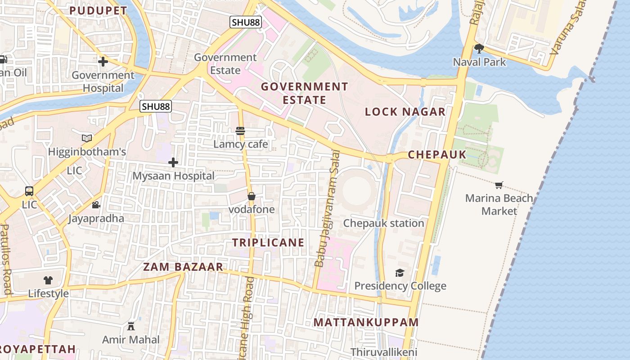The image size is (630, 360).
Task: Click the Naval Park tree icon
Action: (479, 48)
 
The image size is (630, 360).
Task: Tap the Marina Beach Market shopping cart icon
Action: (499, 185)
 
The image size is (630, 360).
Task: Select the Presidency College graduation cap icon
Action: (400, 273)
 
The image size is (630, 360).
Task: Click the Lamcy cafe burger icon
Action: (240, 131)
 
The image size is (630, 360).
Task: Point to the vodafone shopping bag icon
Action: (252, 196)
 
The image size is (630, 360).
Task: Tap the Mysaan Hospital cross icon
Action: (173, 162)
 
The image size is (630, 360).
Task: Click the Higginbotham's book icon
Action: (87, 138)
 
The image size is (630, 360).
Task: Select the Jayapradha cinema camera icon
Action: (96, 205)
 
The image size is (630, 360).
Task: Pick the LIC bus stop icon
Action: (29, 191)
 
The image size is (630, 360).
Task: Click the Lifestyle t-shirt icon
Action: (48, 280)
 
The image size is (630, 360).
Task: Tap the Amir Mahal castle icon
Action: (131, 326)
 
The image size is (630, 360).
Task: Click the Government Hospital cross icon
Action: (103, 62)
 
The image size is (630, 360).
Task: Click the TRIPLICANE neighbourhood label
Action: (268, 243)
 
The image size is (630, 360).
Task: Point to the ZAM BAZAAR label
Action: (183, 267)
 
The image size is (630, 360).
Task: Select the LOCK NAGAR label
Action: (405, 112)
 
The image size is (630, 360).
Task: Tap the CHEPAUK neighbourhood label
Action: (437, 155)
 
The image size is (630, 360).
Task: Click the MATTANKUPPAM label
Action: (366, 323)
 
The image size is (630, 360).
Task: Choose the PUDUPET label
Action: (99, 11)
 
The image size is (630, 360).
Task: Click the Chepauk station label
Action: (383, 223)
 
